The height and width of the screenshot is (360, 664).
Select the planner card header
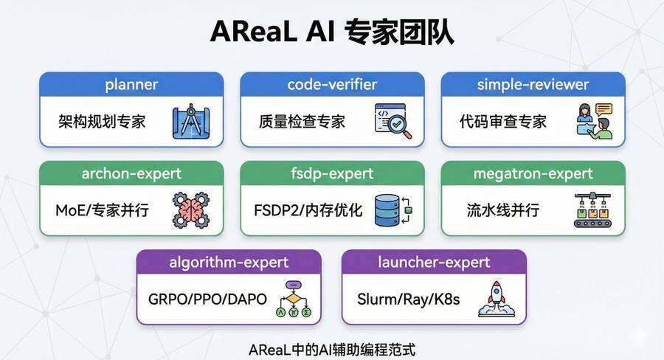pyautogui.click(x=131, y=85)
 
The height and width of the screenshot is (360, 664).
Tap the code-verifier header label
pyautogui.click(x=332, y=85)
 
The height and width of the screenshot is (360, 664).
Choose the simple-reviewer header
pyautogui.click(x=533, y=85)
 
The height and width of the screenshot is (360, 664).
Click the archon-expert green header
pyautogui.click(x=131, y=174)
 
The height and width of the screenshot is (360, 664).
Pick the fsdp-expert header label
pyautogui.click(x=332, y=174)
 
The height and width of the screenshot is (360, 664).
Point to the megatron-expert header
pyautogui.click(x=533, y=174)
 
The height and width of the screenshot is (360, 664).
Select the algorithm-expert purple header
pyautogui.click(x=229, y=263)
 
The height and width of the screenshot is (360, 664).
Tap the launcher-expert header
pyautogui.click(x=434, y=263)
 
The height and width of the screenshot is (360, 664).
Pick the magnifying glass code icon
pyautogui.click(x=392, y=120)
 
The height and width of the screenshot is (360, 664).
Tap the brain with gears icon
pyautogui.click(x=190, y=210)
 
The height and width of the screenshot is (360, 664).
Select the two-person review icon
pyautogui.click(x=593, y=120)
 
